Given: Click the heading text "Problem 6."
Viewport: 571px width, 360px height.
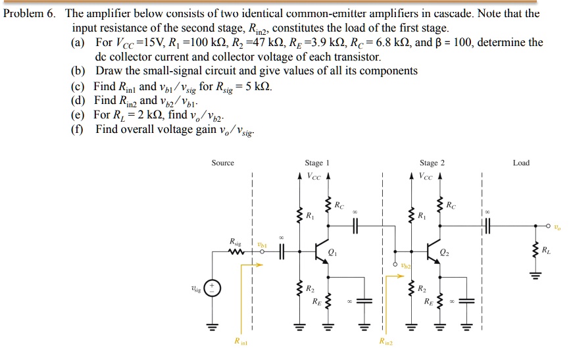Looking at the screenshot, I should pos(29,13).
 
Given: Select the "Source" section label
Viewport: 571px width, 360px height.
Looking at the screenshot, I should pos(222,163).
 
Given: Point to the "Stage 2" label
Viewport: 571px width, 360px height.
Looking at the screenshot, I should pos(432,163).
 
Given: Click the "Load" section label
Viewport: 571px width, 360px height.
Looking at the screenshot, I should pos(520,163).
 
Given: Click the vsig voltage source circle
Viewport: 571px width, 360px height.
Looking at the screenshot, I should pos(212,288).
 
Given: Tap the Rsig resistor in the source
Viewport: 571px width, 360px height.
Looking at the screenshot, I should pos(235,251).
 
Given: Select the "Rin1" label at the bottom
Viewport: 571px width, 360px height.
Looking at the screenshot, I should pos(241,341).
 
